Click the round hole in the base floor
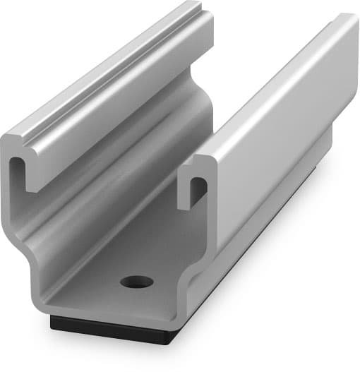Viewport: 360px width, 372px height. coord(136,282)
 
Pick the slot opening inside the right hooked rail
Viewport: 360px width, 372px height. coord(198,189)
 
